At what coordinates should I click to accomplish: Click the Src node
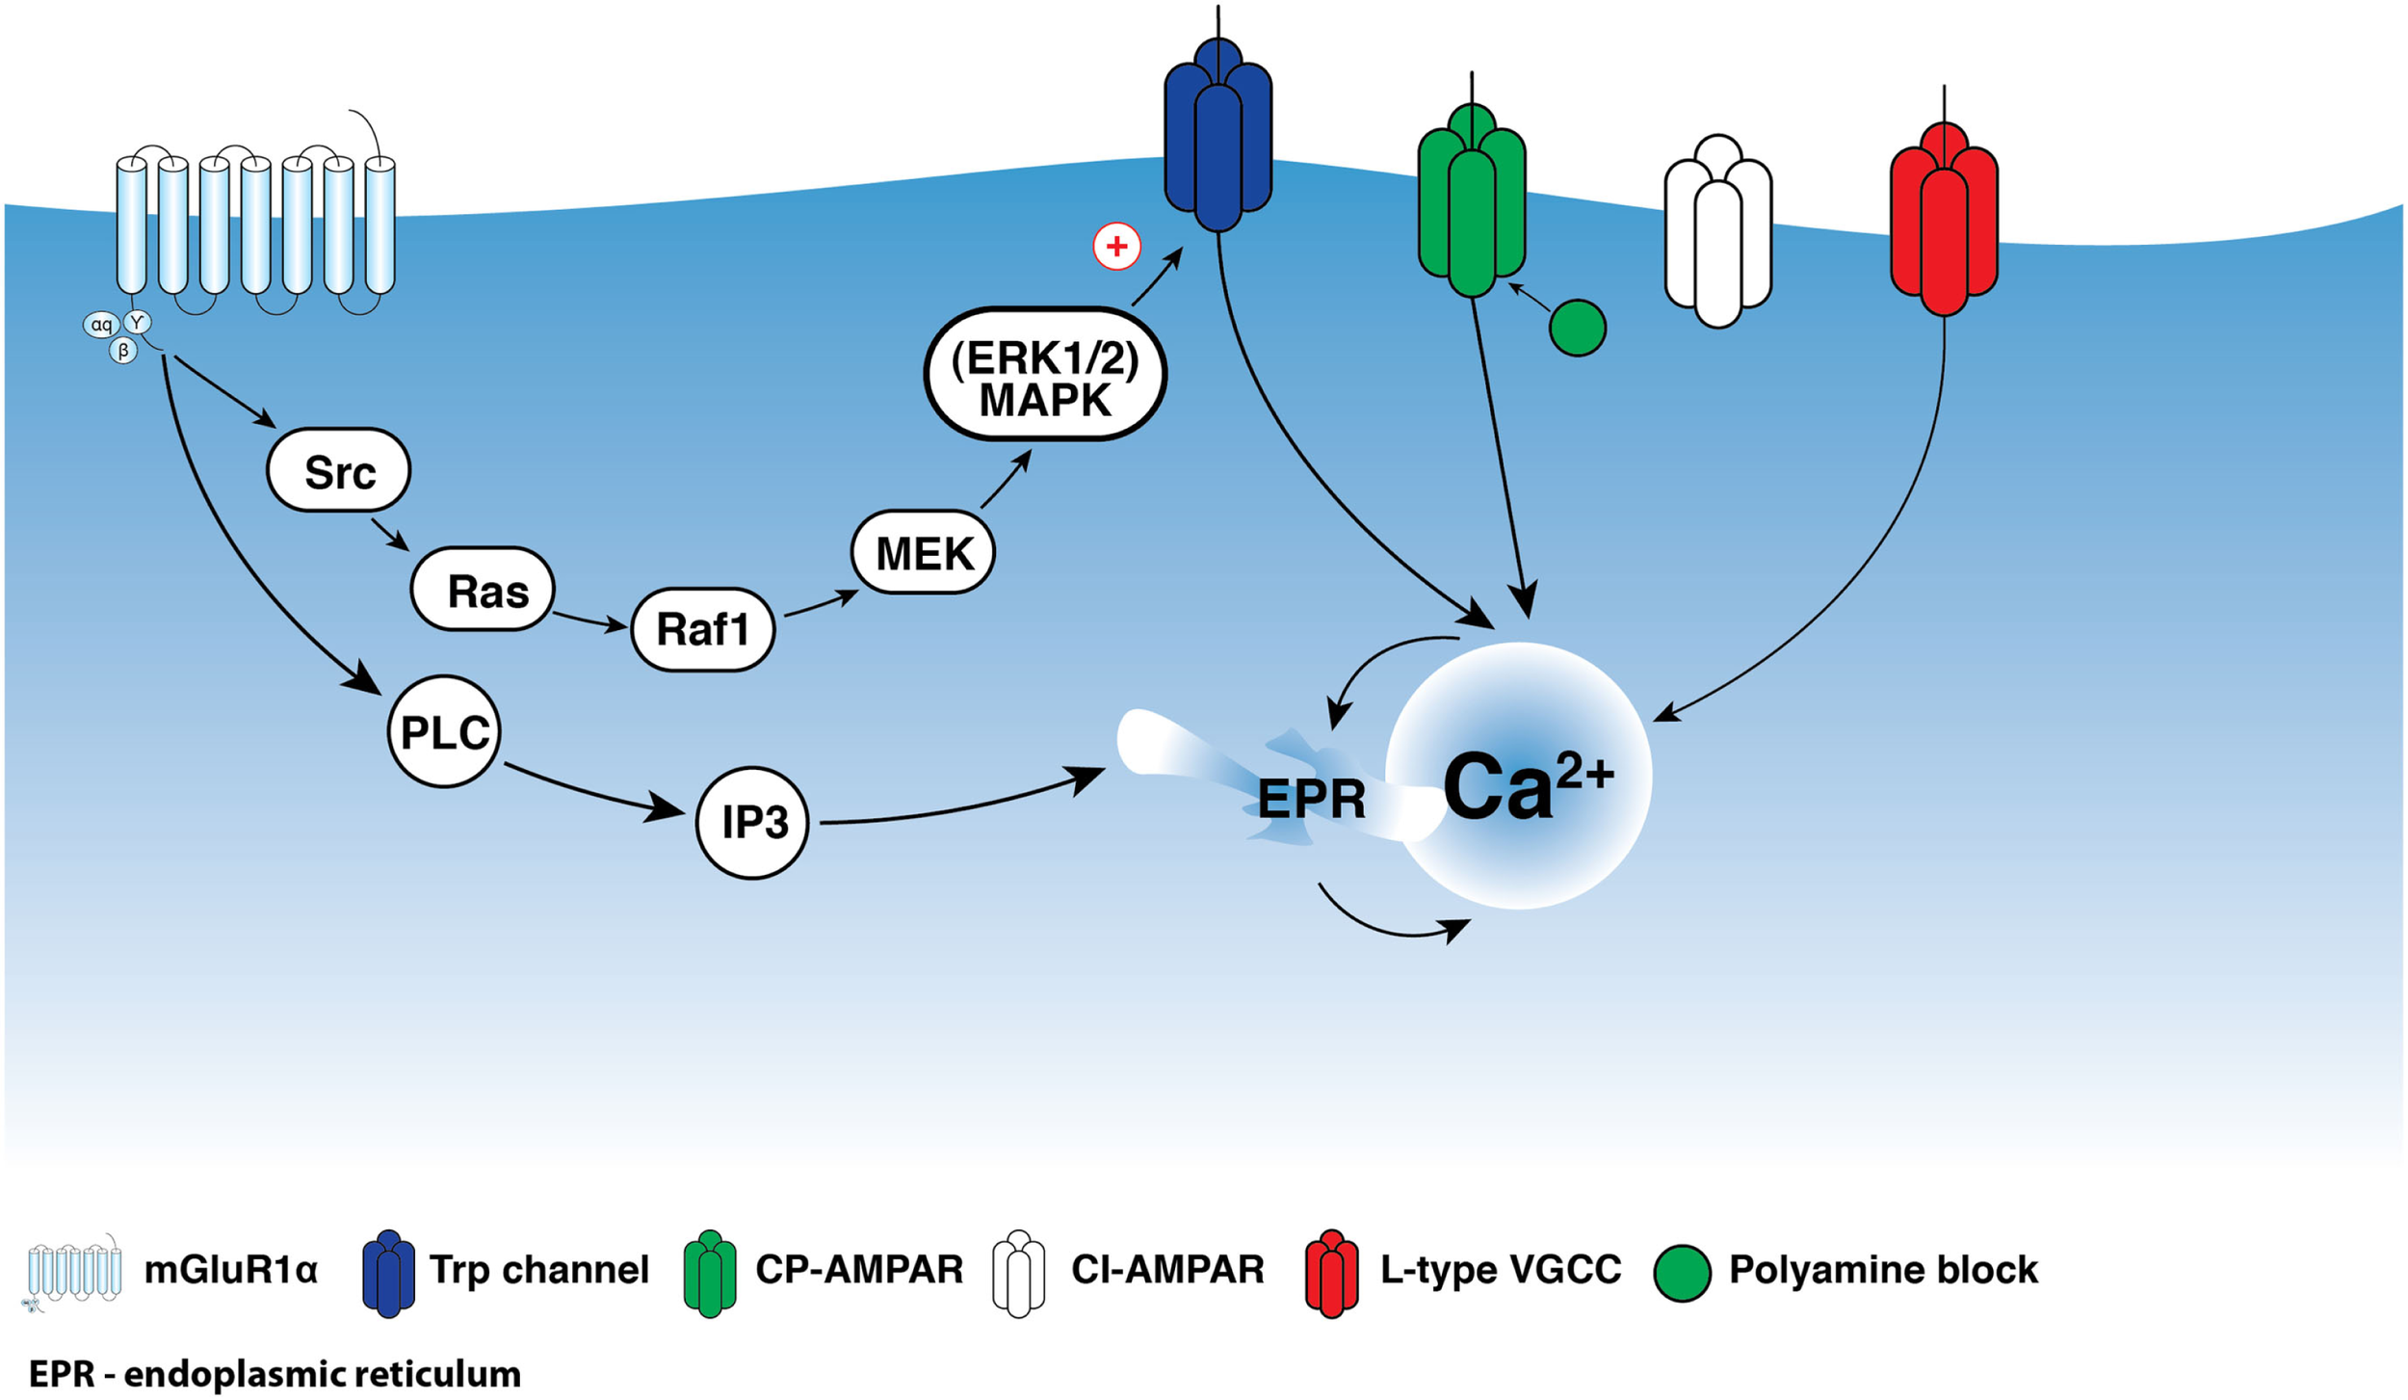pyautogui.click(x=338, y=470)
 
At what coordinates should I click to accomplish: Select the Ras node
pyautogui.click(x=483, y=590)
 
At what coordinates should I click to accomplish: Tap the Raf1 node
pyautogui.click(x=702, y=629)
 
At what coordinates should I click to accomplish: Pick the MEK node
pyautogui.click(x=923, y=552)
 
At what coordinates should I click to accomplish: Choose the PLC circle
pyautogui.click(x=444, y=732)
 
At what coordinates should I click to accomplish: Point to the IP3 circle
pyautogui.click(x=752, y=822)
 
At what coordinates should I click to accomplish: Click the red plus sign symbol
pyautogui.click(x=1116, y=247)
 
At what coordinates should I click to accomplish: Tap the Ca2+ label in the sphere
pyautogui.click(x=1527, y=785)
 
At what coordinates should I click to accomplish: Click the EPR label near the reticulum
pyautogui.click(x=1311, y=799)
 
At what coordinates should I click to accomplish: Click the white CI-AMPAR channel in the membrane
pyautogui.click(x=1717, y=231)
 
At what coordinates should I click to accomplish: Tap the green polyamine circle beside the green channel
pyautogui.click(x=1577, y=328)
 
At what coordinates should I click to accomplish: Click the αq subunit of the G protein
pyautogui.click(x=101, y=326)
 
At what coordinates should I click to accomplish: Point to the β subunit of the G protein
pyautogui.click(x=123, y=351)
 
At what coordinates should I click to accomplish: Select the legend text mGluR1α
pyautogui.click(x=230, y=1269)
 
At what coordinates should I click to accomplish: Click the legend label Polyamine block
pyautogui.click(x=1883, y=1269)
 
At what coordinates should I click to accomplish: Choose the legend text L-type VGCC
pyautogui.click(x=1500, y=1269)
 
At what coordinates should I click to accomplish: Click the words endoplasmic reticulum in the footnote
pyautogui.click(x=322, y=1373)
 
